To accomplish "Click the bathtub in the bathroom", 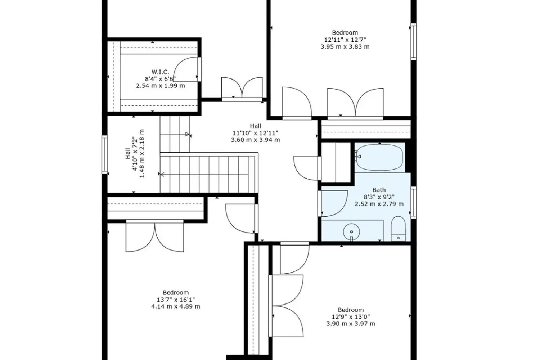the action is click(x=379, y=157).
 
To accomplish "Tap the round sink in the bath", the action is click(x=351, y=232).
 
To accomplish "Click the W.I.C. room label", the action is click(x=160, y=72).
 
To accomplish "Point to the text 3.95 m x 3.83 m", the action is click(x=345, y=46).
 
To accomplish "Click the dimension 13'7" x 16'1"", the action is click(x=176, y=300).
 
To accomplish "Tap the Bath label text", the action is click(x=379, y=190).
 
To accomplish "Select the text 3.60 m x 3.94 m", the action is click(x=255, y=140).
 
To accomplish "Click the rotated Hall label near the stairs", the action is click(x=128, y=154).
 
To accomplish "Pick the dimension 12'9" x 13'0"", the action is click(x=351, y=316).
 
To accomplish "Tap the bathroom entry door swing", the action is click(x=333, y=203).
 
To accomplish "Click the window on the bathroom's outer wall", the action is click(x=413, y=203).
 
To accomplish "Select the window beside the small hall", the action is click(x=105, y=154).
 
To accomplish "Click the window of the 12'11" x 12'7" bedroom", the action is click(x=413, y=41).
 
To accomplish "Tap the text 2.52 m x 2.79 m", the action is click(x=379, y=204).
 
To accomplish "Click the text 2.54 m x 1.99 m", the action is click(x=160, y=86).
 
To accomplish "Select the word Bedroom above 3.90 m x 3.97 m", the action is click(x=351, y=310).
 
